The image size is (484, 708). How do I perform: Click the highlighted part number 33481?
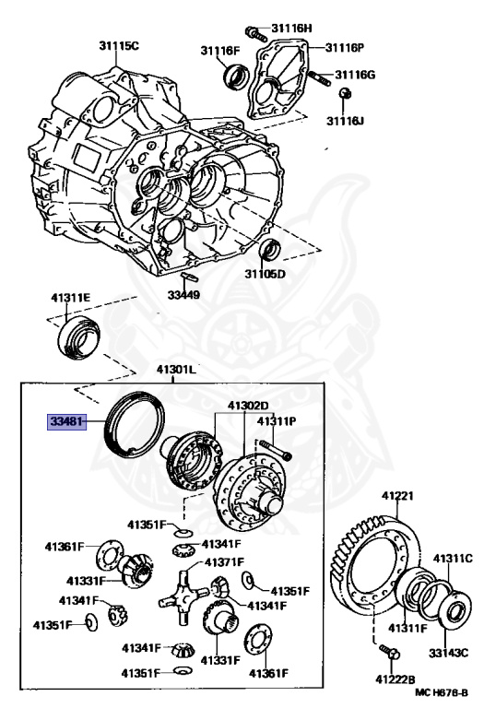[66, 422]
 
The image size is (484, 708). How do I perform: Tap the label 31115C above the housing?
[120, 45]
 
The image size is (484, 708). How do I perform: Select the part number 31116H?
[291, 28]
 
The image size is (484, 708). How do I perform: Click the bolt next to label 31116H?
[256, 34]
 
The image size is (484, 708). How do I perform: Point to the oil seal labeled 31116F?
[237, 77]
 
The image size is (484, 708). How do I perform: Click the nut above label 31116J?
[346, 93]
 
